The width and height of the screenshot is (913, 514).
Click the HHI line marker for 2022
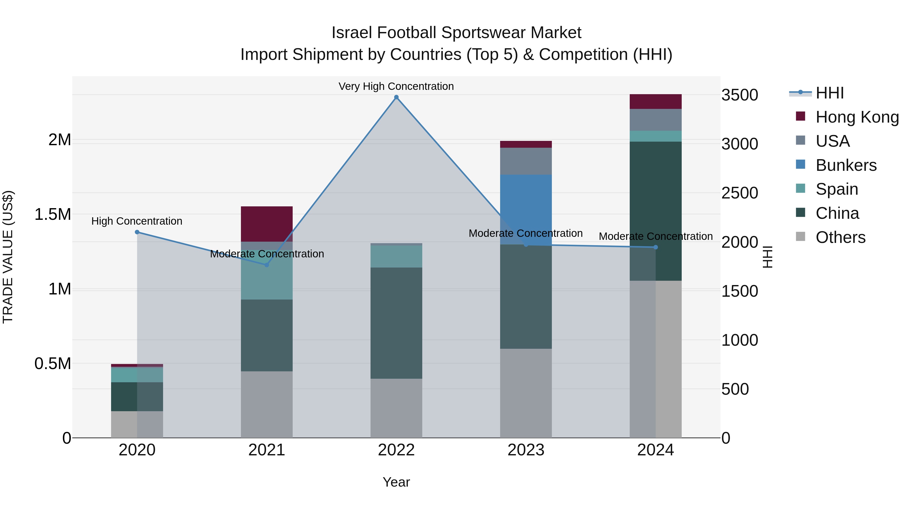396,97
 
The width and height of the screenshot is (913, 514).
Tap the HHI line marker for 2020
137,232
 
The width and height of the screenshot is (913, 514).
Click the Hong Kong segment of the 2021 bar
267,223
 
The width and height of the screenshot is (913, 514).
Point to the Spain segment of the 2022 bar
396,256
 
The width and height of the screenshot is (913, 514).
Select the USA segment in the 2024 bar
655,120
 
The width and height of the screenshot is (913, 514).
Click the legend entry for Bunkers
846,165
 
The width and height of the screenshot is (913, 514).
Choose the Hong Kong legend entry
857,117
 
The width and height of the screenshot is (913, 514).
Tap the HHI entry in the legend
829,93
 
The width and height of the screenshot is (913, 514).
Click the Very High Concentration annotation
396,86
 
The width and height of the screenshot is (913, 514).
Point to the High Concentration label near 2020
137,221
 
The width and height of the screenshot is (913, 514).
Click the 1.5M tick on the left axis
53,214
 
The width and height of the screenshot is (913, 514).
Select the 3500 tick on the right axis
740,95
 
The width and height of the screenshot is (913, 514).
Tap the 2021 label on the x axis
267,450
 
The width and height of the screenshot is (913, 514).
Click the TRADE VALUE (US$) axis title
8,257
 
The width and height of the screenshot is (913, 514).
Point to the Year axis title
396,482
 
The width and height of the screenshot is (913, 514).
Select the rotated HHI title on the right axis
767,257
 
